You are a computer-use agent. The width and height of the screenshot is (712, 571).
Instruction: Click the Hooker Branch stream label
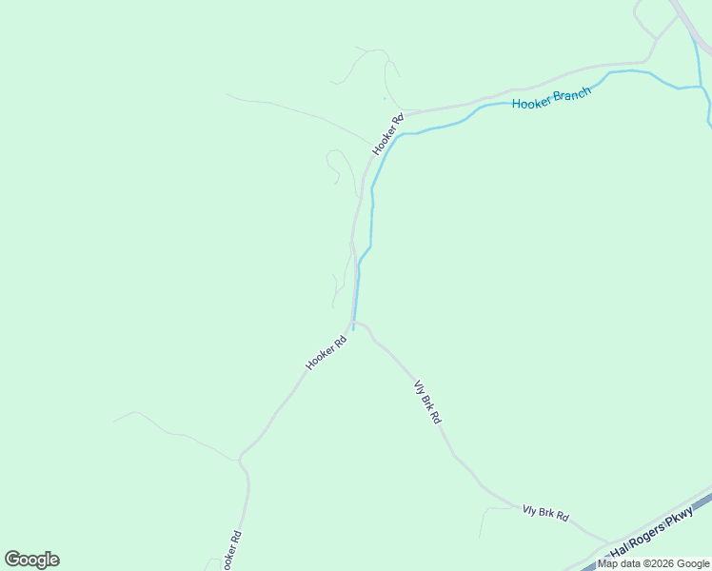551,97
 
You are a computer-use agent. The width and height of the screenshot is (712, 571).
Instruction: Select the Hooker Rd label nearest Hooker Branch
388,134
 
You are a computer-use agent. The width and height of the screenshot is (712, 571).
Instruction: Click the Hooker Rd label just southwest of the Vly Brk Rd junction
326,352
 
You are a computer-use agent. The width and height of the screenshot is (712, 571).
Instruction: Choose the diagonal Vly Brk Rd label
427,402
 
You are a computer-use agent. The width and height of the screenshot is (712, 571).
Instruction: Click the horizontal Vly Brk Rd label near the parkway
545,514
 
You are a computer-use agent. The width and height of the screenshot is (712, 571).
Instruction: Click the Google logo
31,560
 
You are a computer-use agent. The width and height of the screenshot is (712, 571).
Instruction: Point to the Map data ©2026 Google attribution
654,563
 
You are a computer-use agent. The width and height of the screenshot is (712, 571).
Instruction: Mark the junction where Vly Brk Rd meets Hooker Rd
354,323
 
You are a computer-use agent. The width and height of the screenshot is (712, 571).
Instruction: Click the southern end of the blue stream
354,329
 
